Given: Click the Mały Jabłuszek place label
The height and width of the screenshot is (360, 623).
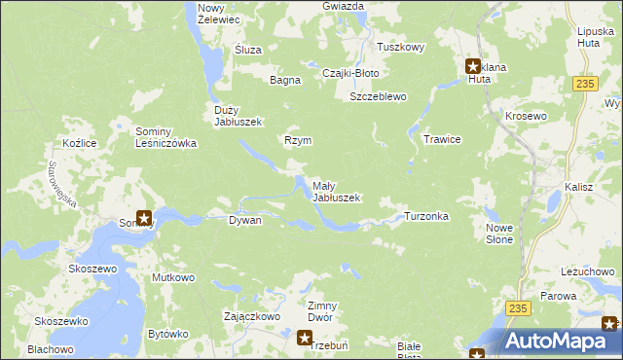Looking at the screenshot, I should click(336, 191).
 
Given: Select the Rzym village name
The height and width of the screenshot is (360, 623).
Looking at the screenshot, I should click(297, 140).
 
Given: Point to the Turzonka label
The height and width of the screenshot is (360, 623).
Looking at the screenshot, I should click(425, 216).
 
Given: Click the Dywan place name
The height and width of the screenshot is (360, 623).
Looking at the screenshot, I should click(244, 221).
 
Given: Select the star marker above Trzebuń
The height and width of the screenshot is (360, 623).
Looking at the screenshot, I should click(305, 338).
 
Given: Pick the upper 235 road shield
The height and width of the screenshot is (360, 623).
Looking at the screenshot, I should click(584, 86).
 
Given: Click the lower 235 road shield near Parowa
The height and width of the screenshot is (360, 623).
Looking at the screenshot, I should click(518, 307).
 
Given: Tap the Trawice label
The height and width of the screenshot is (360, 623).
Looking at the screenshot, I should click(442, 139).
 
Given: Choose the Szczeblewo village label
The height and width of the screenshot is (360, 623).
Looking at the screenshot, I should click(378, 97).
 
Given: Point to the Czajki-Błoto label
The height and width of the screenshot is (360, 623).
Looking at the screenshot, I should click(349, 73).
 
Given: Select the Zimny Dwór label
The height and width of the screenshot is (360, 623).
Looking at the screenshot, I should click(321, 311).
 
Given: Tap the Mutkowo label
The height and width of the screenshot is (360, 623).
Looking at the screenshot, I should click(173, 277).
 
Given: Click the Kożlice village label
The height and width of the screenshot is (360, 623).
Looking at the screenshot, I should click(78, 143).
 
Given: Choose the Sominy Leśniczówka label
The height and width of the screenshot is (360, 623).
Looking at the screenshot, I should click(166, 137).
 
